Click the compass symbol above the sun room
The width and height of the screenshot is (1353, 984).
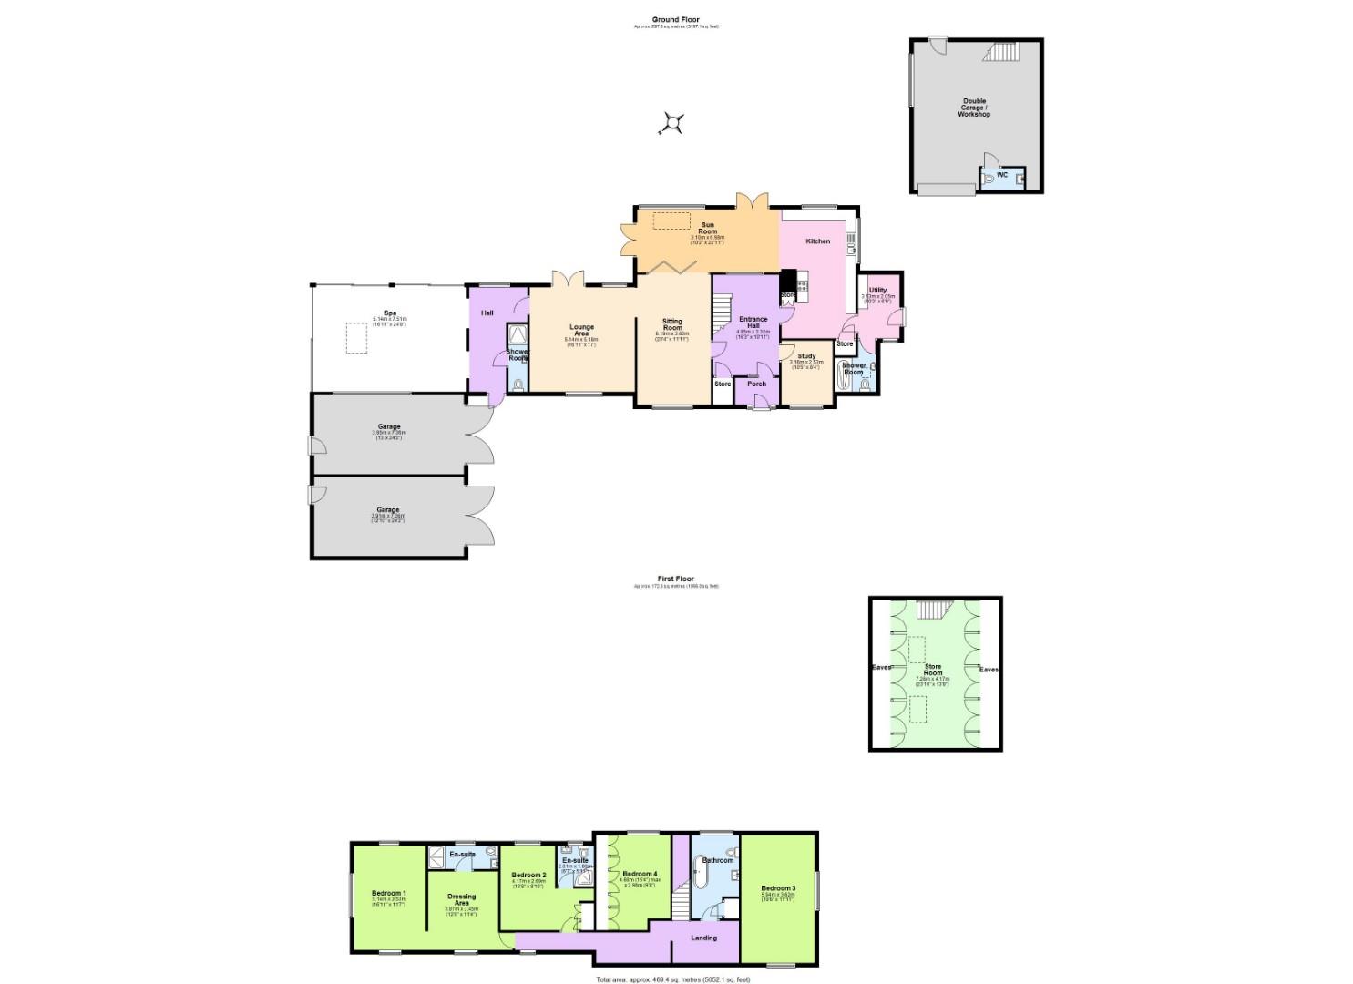click(x=673, y=123)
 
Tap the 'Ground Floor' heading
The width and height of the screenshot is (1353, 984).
click(x=675, y=19)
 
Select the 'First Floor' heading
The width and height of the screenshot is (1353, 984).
click(x=675, y=579)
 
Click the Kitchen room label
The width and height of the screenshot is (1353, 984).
click(x=818, y=241)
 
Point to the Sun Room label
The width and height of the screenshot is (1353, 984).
click(x=707, y=228)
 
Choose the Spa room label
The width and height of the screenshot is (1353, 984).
click(x=389, y=313)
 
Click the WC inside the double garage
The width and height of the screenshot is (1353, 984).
click(x=1002, y=175)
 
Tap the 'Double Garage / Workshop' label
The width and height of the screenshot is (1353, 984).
click(x=974, y=108)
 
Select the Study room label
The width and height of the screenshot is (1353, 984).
click(x=806, y=356)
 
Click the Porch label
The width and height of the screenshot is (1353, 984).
click(x=756, y=384)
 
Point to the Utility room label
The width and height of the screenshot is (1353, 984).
click(x=877, y=291)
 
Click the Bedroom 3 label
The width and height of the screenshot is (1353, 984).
click(x=778, y=888)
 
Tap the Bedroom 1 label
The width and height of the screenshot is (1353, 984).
click(x=389, y=893)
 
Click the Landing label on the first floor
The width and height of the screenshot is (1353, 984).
click(x=703, y=938)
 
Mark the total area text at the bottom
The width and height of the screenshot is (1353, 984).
click(x=673, y=979)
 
